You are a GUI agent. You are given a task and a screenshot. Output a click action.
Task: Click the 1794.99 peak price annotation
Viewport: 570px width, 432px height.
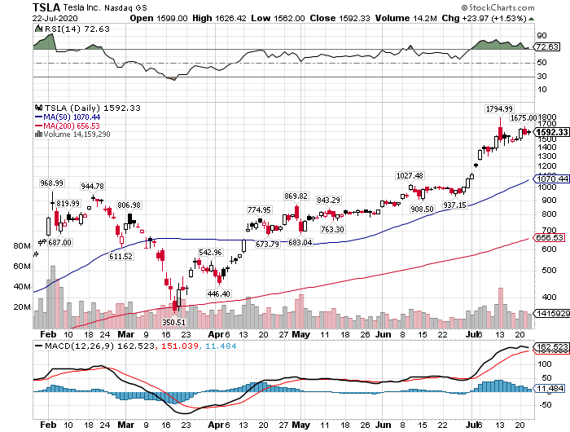click(499, 108)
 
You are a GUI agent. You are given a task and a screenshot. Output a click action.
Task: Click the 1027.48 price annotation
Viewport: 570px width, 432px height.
click(410, 176)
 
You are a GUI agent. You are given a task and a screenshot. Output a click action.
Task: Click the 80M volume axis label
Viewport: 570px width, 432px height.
click(22, 245)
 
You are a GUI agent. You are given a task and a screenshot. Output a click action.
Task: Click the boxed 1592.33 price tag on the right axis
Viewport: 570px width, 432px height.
click(550, 132)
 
